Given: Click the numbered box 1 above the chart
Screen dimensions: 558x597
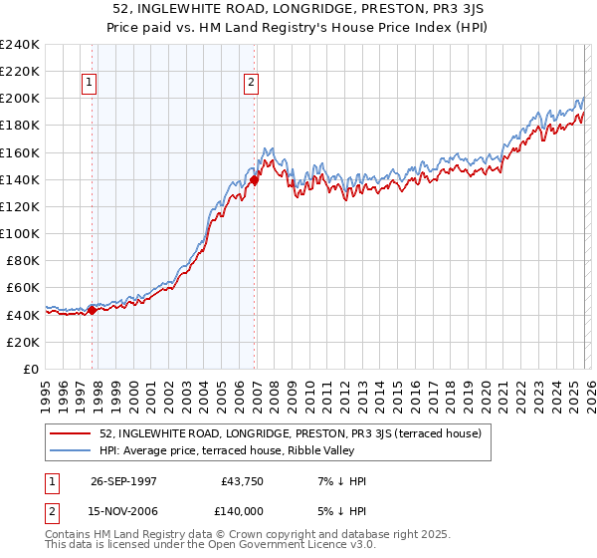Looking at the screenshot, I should tap(91, 84).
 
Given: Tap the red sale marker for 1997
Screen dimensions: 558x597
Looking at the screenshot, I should tap(93, 310).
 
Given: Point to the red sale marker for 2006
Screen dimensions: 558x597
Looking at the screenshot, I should tap(254, 180).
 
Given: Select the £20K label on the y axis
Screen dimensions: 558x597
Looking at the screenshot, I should tap(23, 342).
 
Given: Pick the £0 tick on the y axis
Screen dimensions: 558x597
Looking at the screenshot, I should tap(32, 369).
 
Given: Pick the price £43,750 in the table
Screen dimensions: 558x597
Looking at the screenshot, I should tap(239, 481).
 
